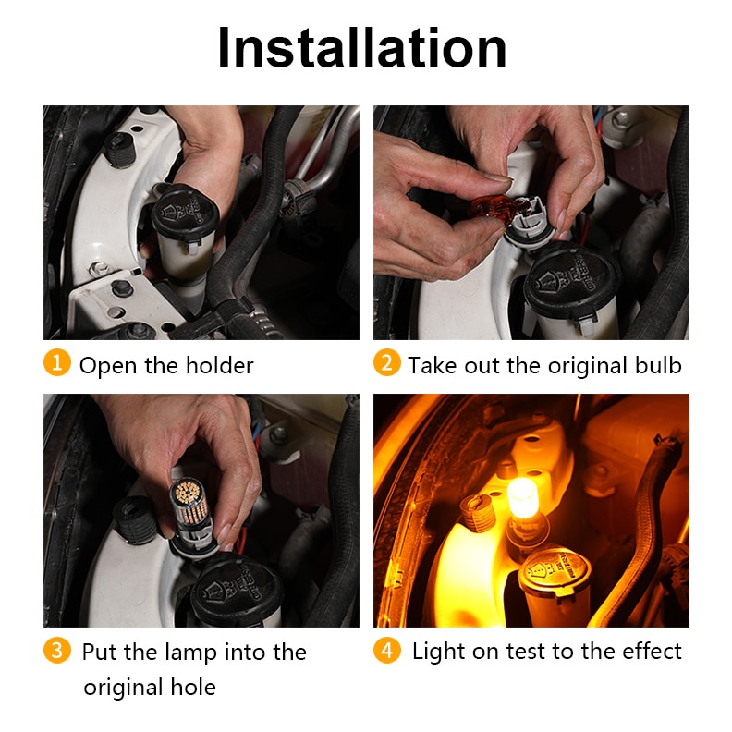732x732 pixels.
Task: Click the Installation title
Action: tap(361, 48)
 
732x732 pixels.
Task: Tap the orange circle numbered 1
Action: tap(57, 363)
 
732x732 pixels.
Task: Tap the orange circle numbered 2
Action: tap(386, 363)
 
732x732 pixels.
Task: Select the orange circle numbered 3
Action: tap(57, 650)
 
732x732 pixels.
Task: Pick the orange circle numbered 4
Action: tap(386, 650)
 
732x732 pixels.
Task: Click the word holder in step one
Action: tap(221, 366)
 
